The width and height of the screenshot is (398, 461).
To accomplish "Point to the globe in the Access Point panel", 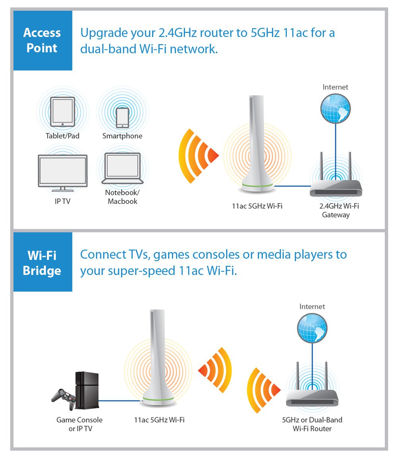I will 336,108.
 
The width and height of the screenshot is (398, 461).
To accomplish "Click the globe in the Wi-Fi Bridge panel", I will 312,328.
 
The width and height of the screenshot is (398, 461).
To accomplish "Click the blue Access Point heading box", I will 43,41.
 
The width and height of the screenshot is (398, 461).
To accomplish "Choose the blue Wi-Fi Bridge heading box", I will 43,262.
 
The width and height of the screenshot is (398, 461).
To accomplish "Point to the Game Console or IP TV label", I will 79,424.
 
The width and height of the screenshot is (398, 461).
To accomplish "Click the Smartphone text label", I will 122,136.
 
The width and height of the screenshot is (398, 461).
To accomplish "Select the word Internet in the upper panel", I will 336,87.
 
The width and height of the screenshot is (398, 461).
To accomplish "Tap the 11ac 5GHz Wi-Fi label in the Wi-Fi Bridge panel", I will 159,420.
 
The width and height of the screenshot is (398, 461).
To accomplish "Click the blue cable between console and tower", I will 119,401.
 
